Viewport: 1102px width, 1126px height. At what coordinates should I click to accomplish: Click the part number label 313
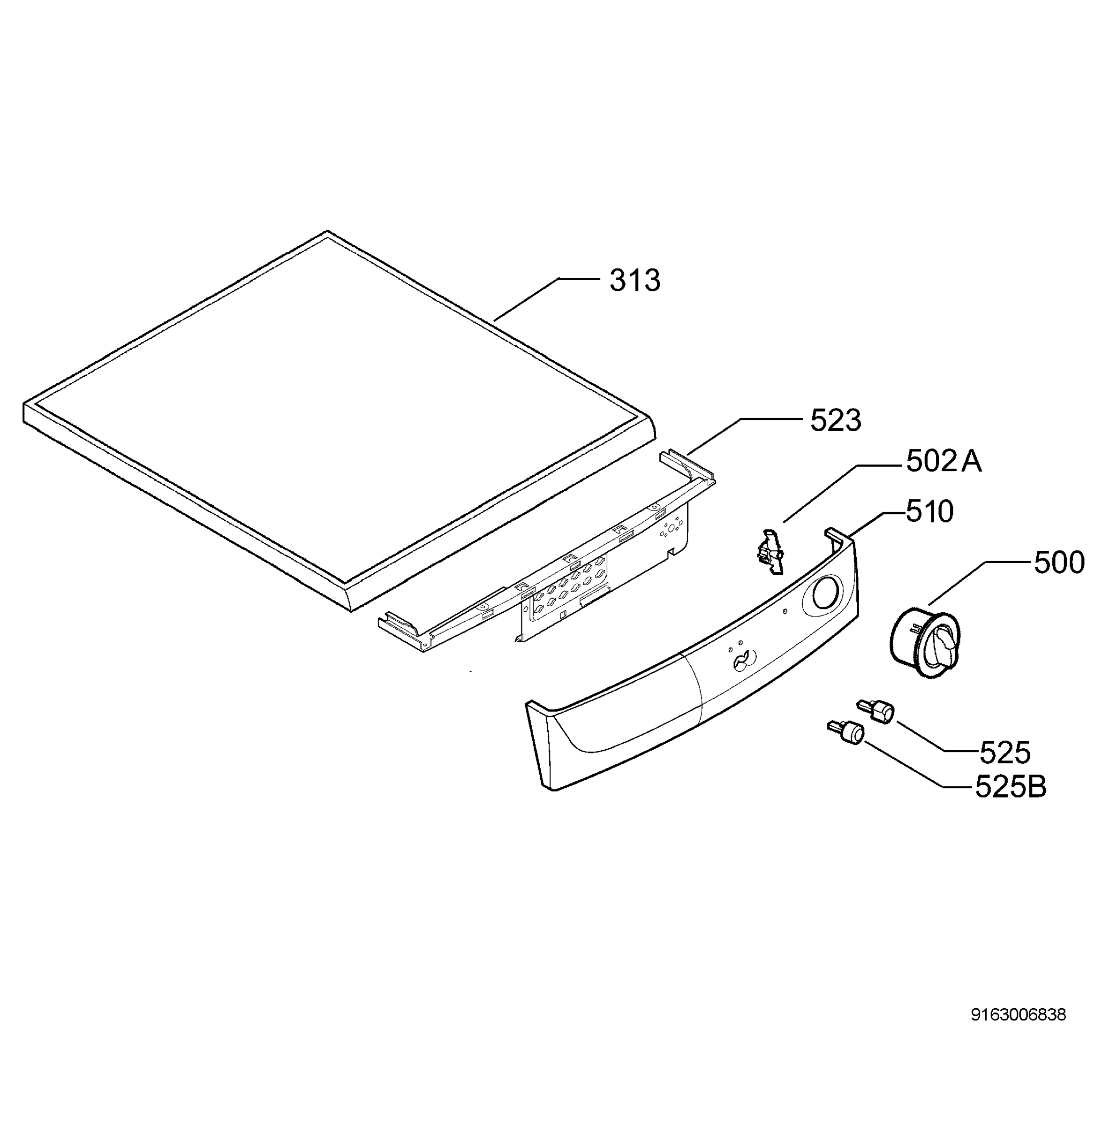click(634, 281)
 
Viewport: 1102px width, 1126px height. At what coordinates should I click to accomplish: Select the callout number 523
click(835, 421)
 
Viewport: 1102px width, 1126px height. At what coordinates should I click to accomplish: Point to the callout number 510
click(929, 512)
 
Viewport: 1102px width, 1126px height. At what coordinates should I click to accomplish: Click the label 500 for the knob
click(1059, 563)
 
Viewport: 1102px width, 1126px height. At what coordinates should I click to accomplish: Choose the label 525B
click(1011, 787)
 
